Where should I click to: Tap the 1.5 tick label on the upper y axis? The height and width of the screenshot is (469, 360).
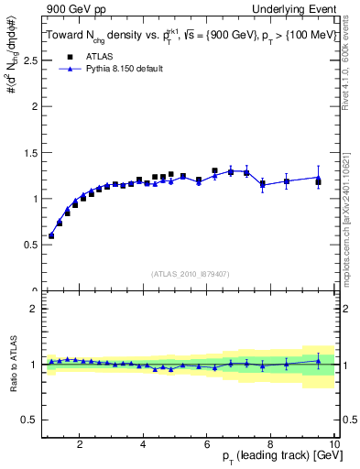(30, 152)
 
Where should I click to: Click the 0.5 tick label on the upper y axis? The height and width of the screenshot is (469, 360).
(30, 245)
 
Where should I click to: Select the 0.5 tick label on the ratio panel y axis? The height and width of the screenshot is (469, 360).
(30, 420)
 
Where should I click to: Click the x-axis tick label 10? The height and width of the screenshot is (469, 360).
(333, 445)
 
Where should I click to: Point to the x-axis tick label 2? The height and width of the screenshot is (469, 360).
(81, 445)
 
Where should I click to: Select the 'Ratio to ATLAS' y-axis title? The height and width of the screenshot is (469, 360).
(12, 365)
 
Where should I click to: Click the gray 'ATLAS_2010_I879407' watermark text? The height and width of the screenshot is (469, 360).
(191, 274)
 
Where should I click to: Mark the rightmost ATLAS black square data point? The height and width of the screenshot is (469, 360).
(319, 182)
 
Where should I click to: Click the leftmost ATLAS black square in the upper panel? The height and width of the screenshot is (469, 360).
(51, 235)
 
